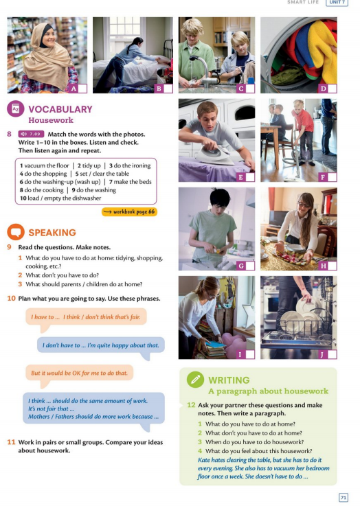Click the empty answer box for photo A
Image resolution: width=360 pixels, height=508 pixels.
[x=82, y=89]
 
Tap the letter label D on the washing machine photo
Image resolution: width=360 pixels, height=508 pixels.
[x=323, y=89]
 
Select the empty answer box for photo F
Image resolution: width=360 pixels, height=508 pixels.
[x=332, y=177]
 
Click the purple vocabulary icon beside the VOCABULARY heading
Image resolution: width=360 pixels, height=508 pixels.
[x=16, y=108]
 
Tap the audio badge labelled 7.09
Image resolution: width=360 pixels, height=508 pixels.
[x=31, y=134]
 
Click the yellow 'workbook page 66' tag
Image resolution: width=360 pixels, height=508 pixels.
[x=129, y=212]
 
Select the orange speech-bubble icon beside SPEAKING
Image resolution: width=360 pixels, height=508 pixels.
[x=16, y=231]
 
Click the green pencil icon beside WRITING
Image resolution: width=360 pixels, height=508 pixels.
[x=195, y=380]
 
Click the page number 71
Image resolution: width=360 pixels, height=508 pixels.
[x=343, y=497]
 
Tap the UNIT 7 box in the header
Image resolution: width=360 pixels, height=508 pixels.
[x=337, y=2]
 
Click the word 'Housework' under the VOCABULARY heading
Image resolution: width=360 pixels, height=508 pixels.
[x=51, y=120]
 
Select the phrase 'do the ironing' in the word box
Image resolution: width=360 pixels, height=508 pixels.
[x=133, y=165]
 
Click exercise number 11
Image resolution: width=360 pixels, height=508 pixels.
[x=12, y=442]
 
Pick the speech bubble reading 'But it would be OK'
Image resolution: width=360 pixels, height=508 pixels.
[x=80, y=373]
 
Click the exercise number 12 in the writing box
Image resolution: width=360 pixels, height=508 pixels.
[x=192, y=405]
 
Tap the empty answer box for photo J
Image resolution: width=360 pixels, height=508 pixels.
[x=332, y=354]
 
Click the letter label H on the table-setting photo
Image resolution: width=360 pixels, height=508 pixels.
[x=323, y=266]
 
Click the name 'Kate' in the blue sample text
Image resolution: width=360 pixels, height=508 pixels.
[x=204, y=460]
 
